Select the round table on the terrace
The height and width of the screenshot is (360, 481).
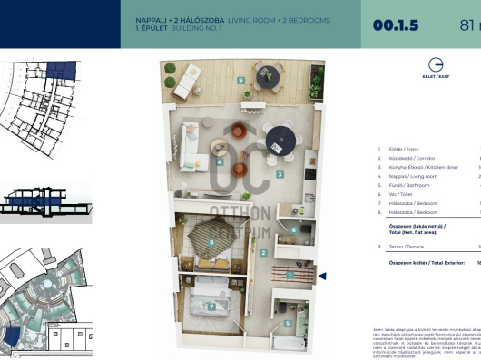[x=270, y=78]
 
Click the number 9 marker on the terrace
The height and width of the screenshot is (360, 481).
[x=240, y=81]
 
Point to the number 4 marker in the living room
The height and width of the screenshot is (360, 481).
[x=221, y=163]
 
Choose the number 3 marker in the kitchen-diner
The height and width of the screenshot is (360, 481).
[x=280, y=173]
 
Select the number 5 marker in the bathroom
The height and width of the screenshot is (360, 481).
[x=288, y=322]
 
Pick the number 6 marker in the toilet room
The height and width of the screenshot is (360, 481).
[x=295, y=230]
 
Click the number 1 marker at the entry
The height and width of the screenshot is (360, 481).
[x=289, y=274]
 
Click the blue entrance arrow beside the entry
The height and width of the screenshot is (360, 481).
[x=321, y=276]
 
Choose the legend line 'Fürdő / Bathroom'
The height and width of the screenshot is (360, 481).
[x=407, y=184]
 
